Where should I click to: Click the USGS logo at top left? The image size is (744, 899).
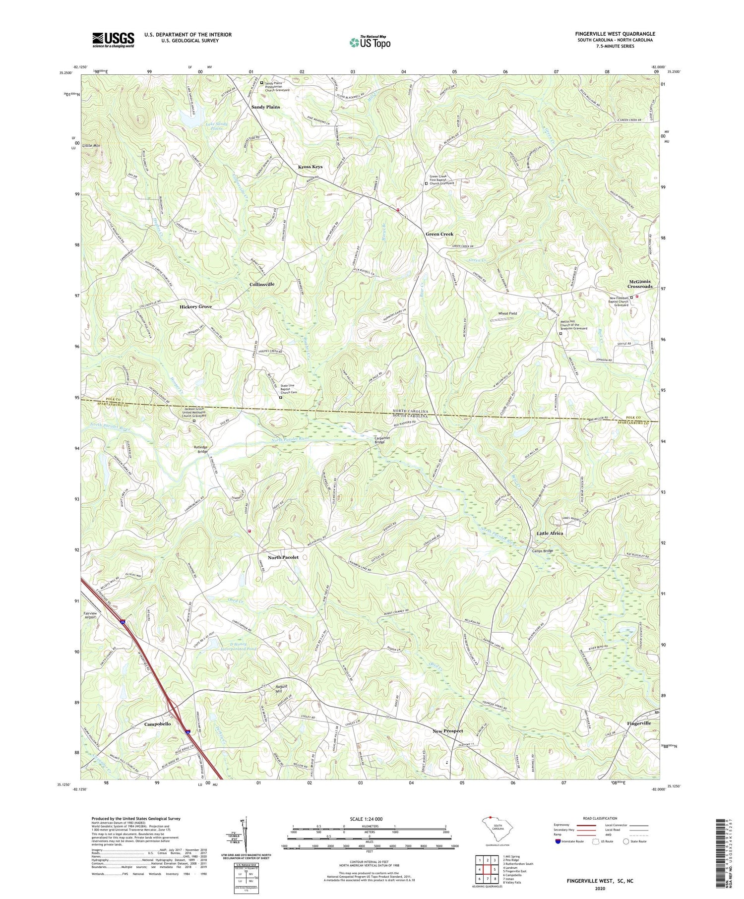[x=113, y=40]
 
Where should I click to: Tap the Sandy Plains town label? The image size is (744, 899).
[x=265, y=107]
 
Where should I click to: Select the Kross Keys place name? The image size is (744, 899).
[x=310, y=167]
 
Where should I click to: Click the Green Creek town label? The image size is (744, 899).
[x=439, y=234]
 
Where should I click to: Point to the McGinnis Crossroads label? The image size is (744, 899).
[x=639, y=284]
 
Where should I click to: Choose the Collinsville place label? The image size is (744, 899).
[x=262, y=284]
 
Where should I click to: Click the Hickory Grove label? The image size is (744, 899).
[x=195, y=307]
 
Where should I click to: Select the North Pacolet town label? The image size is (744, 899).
[x=283, y=557]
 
